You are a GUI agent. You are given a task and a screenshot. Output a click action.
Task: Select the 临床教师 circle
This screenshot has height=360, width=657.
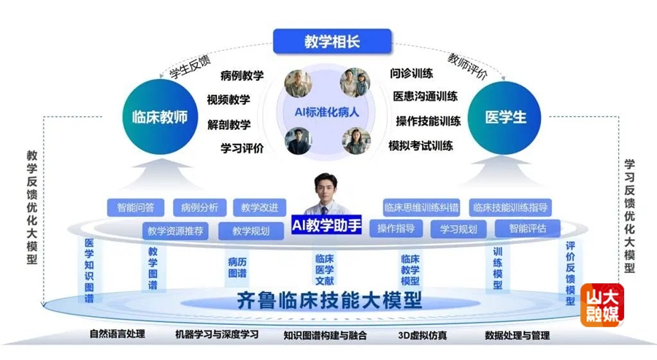(x=160, y=117)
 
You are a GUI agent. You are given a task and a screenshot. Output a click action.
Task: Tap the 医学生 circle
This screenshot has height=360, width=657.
(x=505, y=117)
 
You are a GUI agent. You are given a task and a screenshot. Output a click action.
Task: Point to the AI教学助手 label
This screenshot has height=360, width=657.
(x=326, y=223)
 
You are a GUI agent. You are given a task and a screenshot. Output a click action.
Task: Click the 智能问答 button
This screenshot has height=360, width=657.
(x=136, y=207)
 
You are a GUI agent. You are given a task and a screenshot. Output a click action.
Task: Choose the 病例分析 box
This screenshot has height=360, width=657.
(x=199, y=207)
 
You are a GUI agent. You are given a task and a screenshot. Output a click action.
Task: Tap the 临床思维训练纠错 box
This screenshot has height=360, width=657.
(x=420, y=207)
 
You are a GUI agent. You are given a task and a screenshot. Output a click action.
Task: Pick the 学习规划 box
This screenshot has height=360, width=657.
(x=458, y=229)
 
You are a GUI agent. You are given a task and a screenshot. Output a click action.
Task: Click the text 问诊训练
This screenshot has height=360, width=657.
(x=412, y=73)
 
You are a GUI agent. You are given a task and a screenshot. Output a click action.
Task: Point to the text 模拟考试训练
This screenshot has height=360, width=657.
(x=420, y=145)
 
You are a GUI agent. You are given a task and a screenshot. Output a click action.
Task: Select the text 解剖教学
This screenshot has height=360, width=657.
(x=228, y=123)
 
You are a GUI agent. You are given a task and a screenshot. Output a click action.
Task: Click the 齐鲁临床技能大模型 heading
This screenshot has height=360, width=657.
(x=330, y=301)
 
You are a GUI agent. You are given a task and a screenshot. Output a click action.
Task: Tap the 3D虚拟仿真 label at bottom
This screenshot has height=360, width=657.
(x=423, y=336)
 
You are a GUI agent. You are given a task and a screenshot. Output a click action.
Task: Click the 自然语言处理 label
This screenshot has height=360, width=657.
(x=118, y=335)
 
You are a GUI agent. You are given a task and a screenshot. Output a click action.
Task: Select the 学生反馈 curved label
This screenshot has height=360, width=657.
(x=188, y=67)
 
